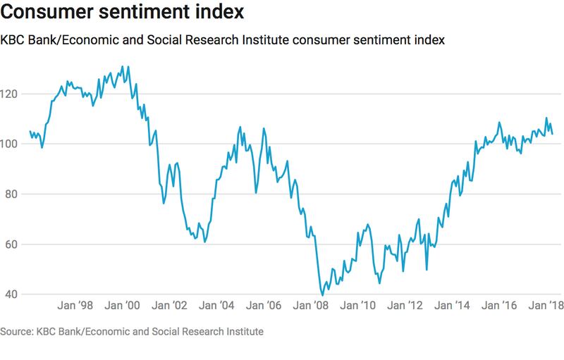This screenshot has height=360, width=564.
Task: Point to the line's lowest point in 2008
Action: coord(322,295)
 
